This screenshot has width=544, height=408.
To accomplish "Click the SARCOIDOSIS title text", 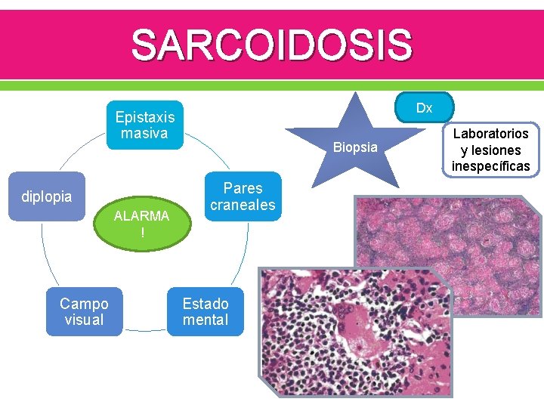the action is pyautogui.click(x=272, y=45).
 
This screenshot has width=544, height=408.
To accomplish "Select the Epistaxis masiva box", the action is pyautogui.click(x=144, y=125).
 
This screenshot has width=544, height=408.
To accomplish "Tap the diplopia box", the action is pyautogui.click(x=47, y=197).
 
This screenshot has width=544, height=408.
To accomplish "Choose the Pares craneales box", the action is pyautogui.click(x=243, y=197).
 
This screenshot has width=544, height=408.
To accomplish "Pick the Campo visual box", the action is pyautogui.click(x=84, y=311).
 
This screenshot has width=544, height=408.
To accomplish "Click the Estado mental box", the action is pyautogui.click(x=205, y=311).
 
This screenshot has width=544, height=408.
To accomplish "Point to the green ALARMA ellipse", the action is pyautogui.click(x=141, y=224).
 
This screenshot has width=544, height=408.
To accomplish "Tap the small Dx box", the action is pyautogui.click(x=424, y=108).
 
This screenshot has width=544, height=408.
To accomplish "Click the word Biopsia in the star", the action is pyautogui.click(x=355, y=147).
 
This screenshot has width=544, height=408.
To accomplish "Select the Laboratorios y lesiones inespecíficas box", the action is pyautogui.click(x=491, y=150).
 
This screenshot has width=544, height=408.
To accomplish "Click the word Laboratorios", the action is pyautogui.click(x=491, y=134).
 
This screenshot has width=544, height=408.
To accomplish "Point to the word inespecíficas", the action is pyautogui.click(x=491, y=166).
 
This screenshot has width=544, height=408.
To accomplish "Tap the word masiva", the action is pyautogui.click(x=144, y=134).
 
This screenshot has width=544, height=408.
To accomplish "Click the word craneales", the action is pyautogui.click(x=243, y=206).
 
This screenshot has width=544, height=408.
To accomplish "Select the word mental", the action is pyautogui.click(x=205, y=320).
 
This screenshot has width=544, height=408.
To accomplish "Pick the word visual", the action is pyautogui.click(x=84, y=320).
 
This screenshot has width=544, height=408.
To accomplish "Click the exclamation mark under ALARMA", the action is pyautogui.click(x=141, y=233).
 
